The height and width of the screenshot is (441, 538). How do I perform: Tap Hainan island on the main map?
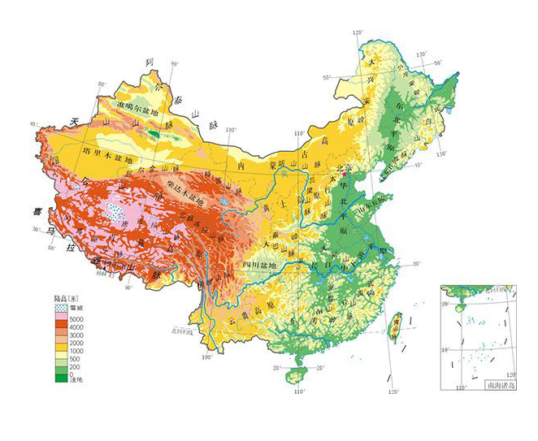click(x=297, y=374)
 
